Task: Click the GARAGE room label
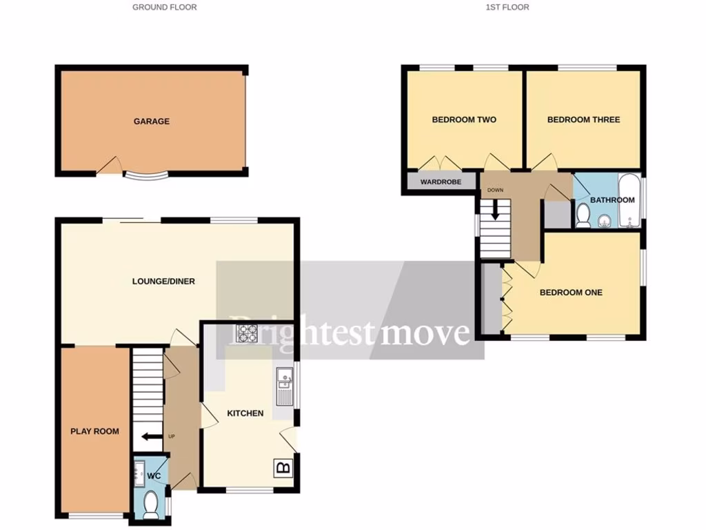[x=151, y=121]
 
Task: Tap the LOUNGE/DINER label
[x=164, y=282]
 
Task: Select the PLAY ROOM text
[x=94, y=431]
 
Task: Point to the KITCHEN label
[x=245, y=413]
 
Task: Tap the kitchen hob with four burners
[x=247, y=333]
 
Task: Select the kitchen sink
[x=284, y=386]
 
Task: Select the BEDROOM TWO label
[x=464, y=120]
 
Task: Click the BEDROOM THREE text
[x=583, y=120]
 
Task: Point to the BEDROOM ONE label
[x=571, y=293]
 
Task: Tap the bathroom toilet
[x=583, y=215]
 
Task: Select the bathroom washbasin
[x=604, y=221]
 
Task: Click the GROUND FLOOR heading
[x=165, y=7]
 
